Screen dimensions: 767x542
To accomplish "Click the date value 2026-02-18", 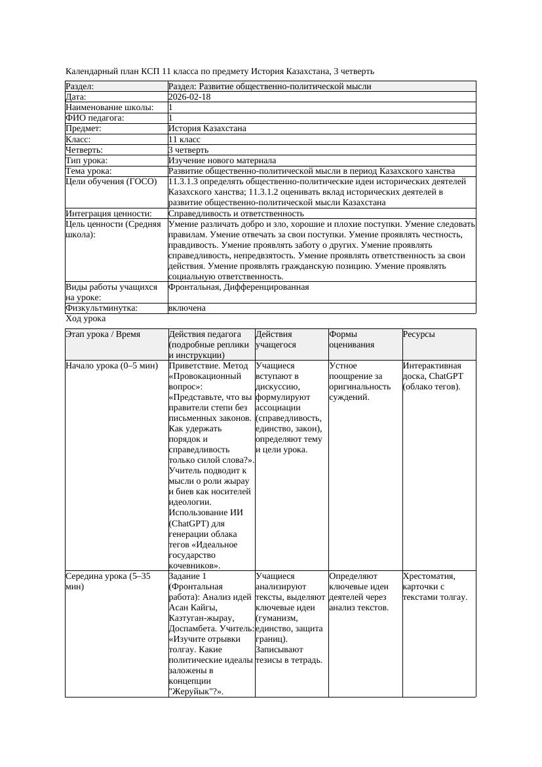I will [x=189, y=97].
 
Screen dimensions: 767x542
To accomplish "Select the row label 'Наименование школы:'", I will [x=110, y=108].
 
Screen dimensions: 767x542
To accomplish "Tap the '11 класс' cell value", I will [x=184, y=140].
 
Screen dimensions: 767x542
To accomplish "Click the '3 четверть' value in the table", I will [x=188, y=150].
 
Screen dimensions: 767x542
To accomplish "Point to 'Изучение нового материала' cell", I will [x=222, y=161].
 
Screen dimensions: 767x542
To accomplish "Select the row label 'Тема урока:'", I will [x=88, y=171].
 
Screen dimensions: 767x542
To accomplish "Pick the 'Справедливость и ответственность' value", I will [x=236, y=214].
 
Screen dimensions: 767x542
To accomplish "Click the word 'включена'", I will [x=187, y=308].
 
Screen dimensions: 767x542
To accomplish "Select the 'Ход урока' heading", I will [x=86, y=319].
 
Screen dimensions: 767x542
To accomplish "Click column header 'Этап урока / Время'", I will [x=103, y=334].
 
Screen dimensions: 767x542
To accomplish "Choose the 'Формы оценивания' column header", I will [x=351, y=340].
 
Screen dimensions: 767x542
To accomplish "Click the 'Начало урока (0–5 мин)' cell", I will [x=112, y=366].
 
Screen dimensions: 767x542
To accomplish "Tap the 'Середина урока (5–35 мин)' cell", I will [x=108, y=581].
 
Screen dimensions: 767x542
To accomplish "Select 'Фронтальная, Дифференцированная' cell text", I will [x=239, y=287].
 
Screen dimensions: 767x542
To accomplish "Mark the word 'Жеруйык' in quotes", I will [x=189, y=691].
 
